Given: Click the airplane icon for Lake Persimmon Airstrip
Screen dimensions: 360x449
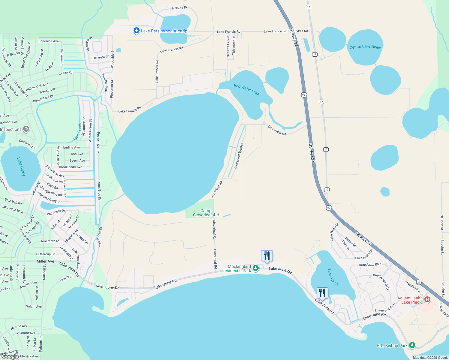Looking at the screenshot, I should pos(137,31).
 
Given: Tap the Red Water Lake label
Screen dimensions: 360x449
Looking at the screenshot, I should pos(246,89).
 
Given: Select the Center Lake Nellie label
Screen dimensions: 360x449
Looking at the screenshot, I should pos(365,47).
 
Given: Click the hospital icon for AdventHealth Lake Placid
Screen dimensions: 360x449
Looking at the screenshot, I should pos(427,300).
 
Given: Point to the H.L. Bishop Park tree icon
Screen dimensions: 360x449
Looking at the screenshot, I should pos(412,345).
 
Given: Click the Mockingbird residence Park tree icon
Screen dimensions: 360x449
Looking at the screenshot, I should pos(255,268).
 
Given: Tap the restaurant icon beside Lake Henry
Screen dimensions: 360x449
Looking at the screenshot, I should pos(322,293).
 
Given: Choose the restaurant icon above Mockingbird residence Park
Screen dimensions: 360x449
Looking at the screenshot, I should pos(267,256).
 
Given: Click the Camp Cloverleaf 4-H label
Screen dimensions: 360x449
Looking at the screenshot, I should pos(206,213).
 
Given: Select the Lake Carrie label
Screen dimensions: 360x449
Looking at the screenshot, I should pos(21,167).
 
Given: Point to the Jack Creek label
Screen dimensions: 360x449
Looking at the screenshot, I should pos(77,132).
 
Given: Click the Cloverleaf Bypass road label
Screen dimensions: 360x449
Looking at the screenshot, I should pos(239,155).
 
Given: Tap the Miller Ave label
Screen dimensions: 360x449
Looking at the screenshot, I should pos(45,261).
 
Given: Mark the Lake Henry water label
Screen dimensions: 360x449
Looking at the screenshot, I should pos(333,277).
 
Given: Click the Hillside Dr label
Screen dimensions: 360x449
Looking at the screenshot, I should pos(179,8).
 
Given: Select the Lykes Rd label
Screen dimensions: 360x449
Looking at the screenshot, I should pos(301,31).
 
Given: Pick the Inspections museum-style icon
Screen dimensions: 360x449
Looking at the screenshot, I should pos(26,129).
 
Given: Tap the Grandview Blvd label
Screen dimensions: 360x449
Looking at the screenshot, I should pos(370,265).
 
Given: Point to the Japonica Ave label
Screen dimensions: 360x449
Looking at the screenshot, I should pos(49,41).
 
